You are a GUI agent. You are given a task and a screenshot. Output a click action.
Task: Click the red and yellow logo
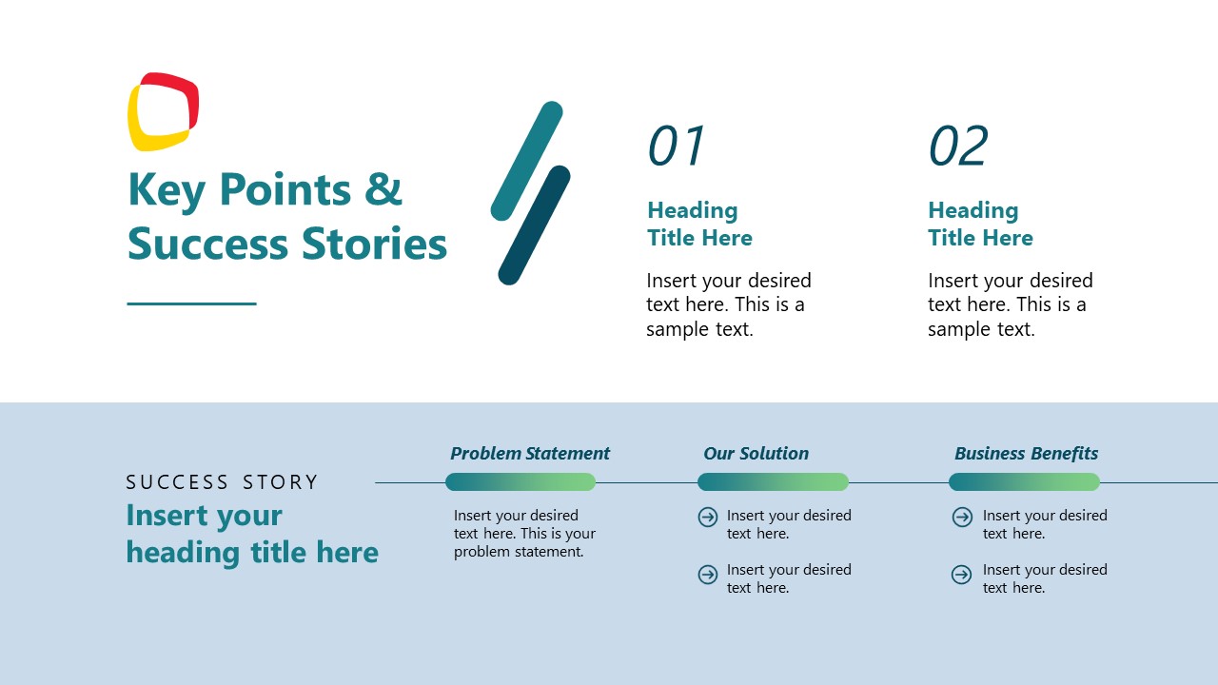163,111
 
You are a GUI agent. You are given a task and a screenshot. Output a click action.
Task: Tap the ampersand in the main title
383,189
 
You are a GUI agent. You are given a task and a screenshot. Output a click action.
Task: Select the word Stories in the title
374,244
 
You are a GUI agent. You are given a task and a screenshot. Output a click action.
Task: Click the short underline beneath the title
191,303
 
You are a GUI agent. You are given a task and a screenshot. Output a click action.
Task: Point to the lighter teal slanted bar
526,161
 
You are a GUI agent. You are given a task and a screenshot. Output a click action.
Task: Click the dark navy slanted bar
534,225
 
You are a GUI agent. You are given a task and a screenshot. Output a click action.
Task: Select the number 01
677,147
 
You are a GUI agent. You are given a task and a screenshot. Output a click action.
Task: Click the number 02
958,147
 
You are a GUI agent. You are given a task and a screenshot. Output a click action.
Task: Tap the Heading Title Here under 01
699,224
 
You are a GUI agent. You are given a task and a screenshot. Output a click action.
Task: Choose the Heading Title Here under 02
980,224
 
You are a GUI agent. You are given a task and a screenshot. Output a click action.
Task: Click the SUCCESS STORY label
222,482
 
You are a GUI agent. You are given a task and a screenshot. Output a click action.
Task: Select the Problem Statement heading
530,454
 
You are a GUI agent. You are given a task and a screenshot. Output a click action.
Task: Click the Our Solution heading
756,454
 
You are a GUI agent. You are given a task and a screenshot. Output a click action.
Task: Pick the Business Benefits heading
1026,454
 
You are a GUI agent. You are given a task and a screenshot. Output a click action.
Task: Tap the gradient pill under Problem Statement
521,482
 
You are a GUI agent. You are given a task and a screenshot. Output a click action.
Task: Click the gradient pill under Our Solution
773,482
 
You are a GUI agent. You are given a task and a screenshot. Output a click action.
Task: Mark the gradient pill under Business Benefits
1024,482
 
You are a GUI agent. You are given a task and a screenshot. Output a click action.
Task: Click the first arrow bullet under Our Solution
708,517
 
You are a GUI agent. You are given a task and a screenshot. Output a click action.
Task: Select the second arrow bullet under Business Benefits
962,575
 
